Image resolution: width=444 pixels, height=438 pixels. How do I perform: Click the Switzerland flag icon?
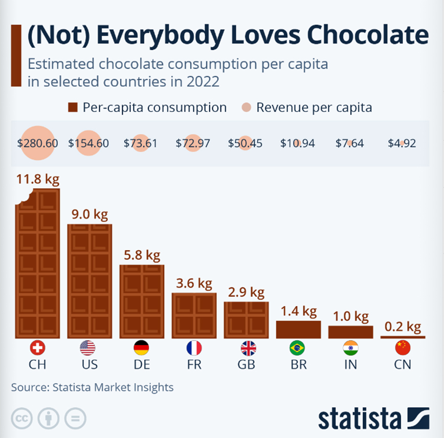coord(37,348)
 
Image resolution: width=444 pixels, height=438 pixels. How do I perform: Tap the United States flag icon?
coord(87,348)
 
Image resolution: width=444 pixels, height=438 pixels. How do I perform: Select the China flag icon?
coord(403,348)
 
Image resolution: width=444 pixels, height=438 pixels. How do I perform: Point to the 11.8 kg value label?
coord(37,179)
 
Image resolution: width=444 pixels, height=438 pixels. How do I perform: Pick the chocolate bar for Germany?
coord(142,301)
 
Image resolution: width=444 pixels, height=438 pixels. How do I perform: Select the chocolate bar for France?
coord(194,315)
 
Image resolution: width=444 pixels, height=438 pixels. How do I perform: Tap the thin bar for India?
coord(350,332)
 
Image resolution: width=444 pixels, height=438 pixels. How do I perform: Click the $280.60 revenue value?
coord(37,143)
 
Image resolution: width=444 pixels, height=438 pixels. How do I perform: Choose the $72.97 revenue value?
coord(193,143)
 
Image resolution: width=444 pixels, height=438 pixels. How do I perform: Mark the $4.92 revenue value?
coord(402,143)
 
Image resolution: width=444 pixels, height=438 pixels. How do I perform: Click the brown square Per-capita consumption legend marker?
coord(73,107)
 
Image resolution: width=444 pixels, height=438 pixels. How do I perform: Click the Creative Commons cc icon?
coord(21,418)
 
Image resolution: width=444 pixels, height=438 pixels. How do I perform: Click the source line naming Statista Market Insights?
coord(92,387)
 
